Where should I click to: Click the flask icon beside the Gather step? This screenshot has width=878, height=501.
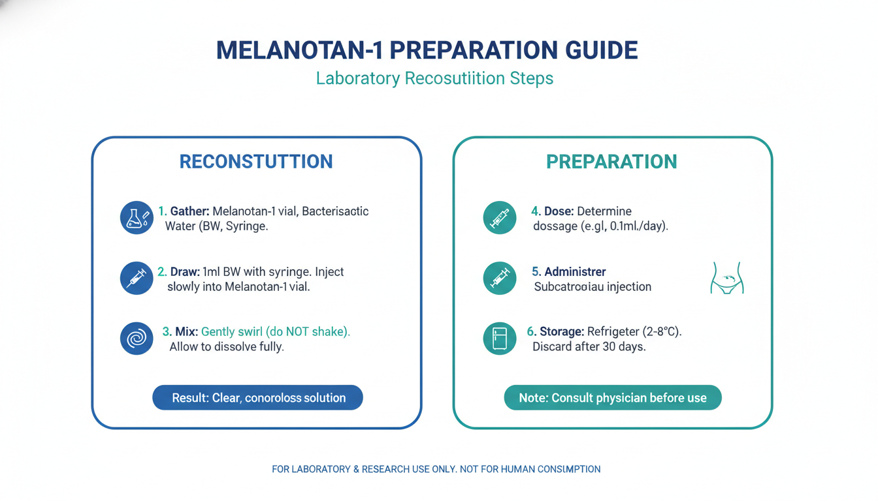137,218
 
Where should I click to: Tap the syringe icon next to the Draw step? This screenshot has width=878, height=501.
137,279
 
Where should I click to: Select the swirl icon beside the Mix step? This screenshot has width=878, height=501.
137,339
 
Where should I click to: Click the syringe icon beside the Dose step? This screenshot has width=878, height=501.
499,218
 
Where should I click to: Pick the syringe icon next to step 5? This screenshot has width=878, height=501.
499,279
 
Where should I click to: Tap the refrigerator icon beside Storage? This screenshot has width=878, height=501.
499,339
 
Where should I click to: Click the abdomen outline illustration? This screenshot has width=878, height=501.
727,278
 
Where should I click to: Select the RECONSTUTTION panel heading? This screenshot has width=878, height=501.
256,162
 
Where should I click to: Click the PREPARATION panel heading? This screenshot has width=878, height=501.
611,162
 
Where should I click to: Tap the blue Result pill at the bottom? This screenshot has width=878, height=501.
257,397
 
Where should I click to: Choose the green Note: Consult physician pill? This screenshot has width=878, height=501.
612,397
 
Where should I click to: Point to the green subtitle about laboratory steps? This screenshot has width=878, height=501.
434,79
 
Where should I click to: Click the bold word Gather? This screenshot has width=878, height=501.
189,211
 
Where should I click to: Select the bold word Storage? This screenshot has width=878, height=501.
561,331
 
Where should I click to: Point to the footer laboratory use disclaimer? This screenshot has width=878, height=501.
436,469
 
